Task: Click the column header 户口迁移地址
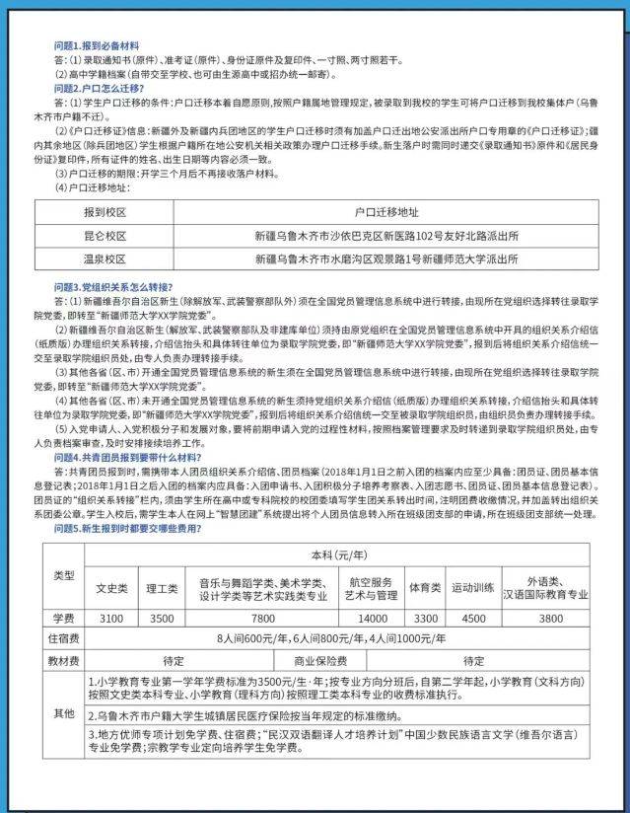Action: click(x=386, y=213)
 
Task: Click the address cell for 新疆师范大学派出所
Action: click(x=386, y=259)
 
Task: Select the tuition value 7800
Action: click(x=262, y=618)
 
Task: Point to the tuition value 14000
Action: click(x=373, y=618)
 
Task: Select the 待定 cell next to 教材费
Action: click(x=174, y=661)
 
